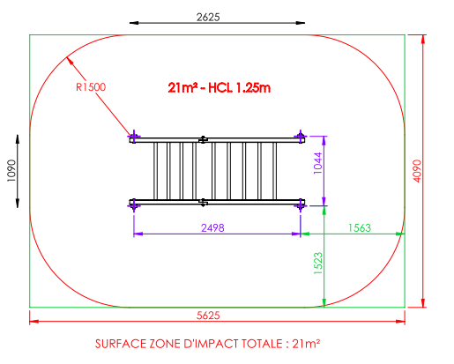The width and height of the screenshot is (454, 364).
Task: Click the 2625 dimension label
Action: pyautogui.click(x=208, y=18)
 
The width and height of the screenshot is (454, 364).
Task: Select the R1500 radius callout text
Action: pyautogui.click(x=91, y=87)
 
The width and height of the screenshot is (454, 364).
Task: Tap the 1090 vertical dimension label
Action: pyautogui.click(x=11, y=171)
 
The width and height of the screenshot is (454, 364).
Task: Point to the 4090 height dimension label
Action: pyautogui.click(x=417, y=171)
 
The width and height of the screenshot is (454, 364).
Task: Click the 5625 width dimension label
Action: pyautogui.click(x=208, y=316)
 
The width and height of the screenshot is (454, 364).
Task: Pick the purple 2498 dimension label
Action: pyautogui.click(x=212, y=228)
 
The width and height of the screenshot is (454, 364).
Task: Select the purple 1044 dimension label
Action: pyautogui.click(x=317, y=163)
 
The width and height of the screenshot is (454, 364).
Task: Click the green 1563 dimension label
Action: pyautogui.click(x=360, y=228)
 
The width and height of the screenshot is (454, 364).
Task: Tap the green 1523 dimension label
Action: pyautogui.click(x=318, y=264)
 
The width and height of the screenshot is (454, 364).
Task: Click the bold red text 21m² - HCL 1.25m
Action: pyautogui.click(x=220, y=87)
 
